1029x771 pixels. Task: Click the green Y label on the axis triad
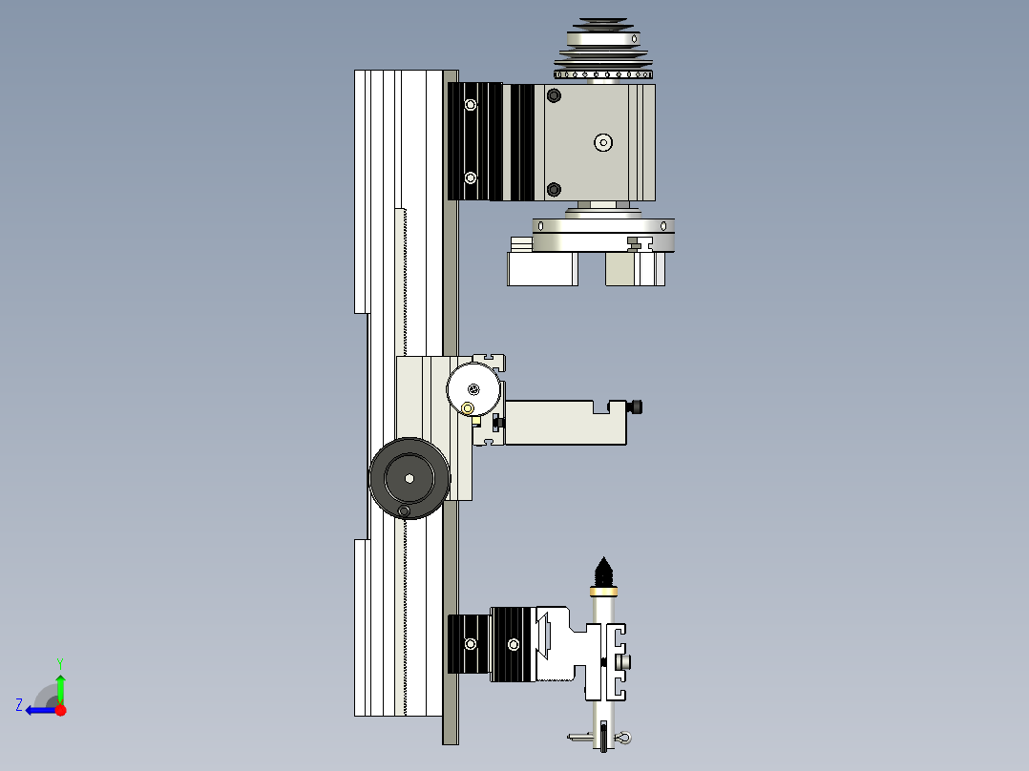click(59, 661)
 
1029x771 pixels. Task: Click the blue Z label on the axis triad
click(19, 704)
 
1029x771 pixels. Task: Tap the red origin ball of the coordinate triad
click(60, 710)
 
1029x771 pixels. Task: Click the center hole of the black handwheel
click(409, 478)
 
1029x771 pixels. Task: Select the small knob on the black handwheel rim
click(404, 512)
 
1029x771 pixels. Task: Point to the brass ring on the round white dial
click(467, 408)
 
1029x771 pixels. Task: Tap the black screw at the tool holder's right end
click(637, 407)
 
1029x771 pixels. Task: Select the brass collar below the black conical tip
click(602, 592)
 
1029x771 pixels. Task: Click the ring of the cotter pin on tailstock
click(623, 737)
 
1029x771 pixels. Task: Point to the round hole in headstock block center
click(602, 142)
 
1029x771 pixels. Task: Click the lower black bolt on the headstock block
click(554, 189)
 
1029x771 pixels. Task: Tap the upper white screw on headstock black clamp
click(469, 104)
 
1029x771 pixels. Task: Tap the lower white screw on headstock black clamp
click(469, 177)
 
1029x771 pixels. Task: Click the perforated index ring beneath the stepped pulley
click(603, 73)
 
